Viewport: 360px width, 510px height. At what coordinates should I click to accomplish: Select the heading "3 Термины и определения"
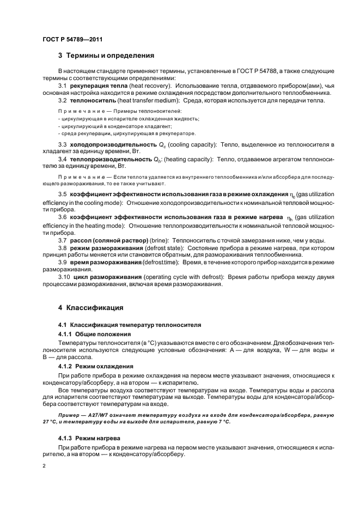pyautogui.click(x=106, y=56)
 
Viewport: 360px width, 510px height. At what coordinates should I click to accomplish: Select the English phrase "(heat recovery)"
pyautogui.click(x=151, y=86)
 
